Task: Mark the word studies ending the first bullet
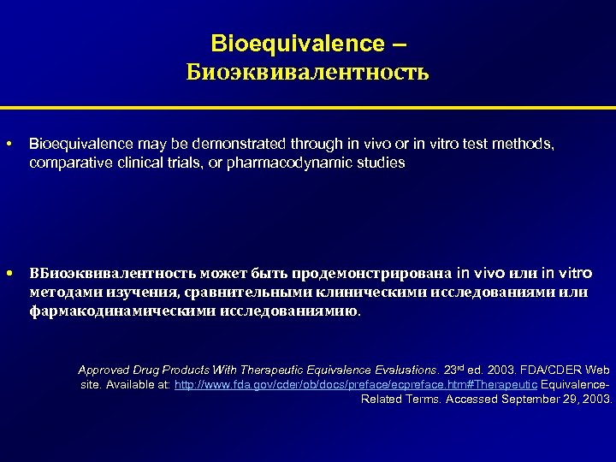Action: pyautogui.click(x=382, y=162)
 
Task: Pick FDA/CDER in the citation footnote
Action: pyautogui.click(x=547, y=370)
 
